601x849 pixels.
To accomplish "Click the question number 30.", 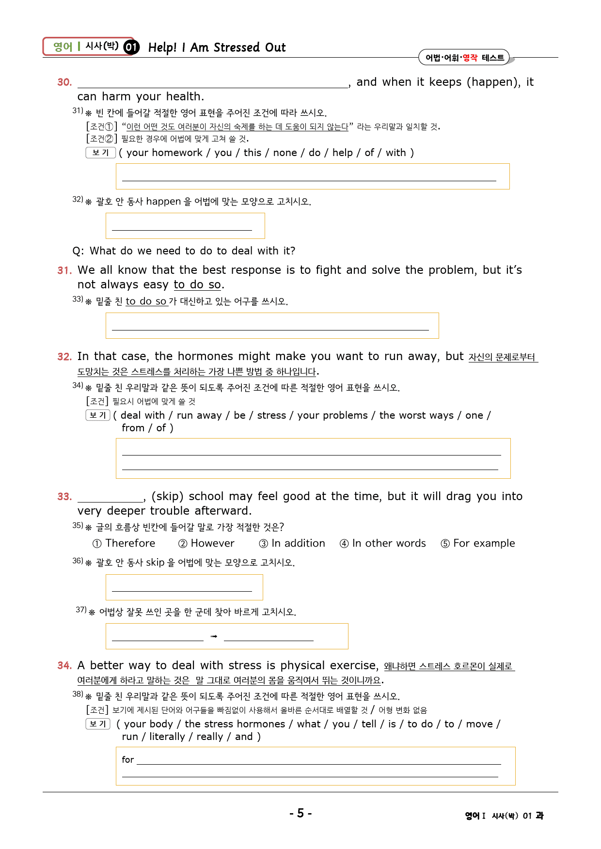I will click(x=64, y=82).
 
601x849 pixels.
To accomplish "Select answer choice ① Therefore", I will click(x=124, y=543).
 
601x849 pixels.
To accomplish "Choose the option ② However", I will click(x=206, y=543).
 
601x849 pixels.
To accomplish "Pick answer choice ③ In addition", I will click(x=292, y=543).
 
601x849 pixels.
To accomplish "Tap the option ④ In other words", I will click(x=383, y=543).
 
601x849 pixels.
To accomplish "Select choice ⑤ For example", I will click(x=478, y=543).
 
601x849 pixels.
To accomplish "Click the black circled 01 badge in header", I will click(x=131, y=47).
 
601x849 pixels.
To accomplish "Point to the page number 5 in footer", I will click(x=300, y=813).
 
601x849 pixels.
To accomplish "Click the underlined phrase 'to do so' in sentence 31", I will click(x=197, y=284).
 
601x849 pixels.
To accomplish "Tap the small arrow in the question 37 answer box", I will click(x=214, y=636).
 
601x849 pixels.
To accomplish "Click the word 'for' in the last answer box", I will click(x=127, y=760).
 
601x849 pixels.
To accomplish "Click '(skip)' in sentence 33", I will click(x=167, y=496).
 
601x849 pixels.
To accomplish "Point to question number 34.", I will click(x=64, y=666).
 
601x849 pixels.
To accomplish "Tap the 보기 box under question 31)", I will click(x=101, y=153).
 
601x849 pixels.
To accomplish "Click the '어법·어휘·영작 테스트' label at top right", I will click(x=464, y=58).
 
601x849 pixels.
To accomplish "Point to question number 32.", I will click(x=64, y=357).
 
